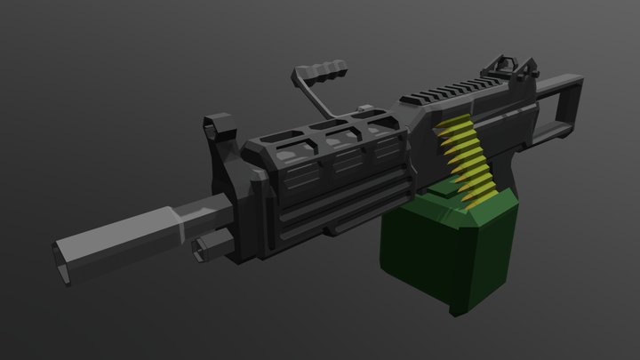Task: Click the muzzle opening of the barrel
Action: point(62,253)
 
